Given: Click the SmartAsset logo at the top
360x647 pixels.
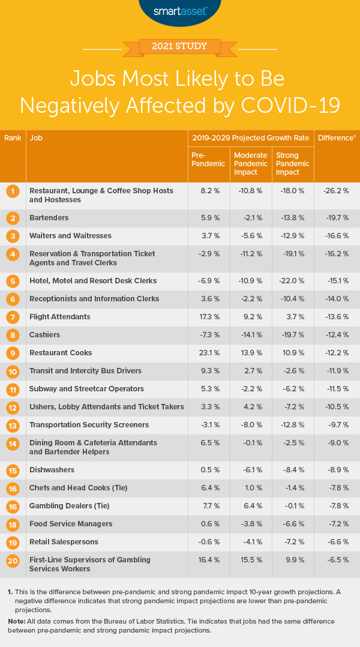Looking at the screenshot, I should click(x=180, y=10).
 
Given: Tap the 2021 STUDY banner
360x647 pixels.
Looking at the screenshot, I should click(x=180, y=46).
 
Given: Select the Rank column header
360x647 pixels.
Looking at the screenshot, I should click(x=13, y=138).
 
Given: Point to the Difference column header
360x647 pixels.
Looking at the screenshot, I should click(x=336, y=138).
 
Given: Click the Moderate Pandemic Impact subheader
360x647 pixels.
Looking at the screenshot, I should click(x=250, y=163).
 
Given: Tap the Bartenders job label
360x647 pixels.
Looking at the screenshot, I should click(x=49, y=218).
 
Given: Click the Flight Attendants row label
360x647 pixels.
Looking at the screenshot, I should click(x=60, y=317).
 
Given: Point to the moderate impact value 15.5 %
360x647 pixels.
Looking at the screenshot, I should click(x=248, y=560).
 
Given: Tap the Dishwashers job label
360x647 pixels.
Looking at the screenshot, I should click(x=52, y=470).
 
